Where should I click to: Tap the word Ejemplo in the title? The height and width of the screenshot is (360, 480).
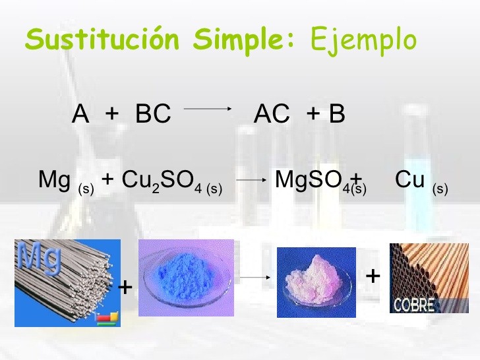pos(363,40)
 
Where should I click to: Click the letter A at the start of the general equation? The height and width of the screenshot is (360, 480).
pos(80,115)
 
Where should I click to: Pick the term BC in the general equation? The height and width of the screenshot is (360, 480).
pos(153,115)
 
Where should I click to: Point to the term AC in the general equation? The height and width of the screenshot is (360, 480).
pos(272,115)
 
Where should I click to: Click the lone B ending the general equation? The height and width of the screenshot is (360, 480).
pos(337,115)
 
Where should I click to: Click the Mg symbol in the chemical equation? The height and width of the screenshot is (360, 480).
pos(54,179)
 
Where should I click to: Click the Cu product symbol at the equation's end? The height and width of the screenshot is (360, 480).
pos(409,179)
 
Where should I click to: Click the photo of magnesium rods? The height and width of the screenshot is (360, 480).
pos(67,284)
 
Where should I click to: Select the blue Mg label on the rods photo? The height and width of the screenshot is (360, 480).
pos(40,258)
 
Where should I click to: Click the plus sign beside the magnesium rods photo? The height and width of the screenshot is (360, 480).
pos(125,288)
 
